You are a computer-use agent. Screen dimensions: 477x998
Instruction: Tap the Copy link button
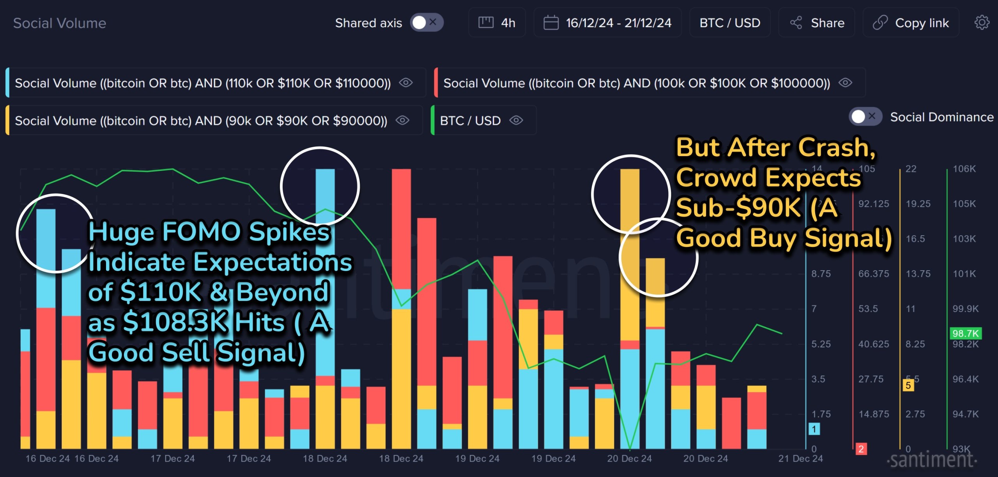[x=911, y=23]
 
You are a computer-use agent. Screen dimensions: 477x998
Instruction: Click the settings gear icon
[x=982, y=23]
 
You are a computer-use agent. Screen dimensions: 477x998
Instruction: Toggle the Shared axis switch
[x=426, y=23]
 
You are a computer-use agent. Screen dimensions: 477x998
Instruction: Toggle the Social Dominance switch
[x=865, y=116]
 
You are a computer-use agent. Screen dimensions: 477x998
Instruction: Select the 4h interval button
[x=497, y=23]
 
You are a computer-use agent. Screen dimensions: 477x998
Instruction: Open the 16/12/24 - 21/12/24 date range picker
[x=607, y=23]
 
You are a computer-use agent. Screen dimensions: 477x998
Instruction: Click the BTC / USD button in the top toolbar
[x=730, y=23]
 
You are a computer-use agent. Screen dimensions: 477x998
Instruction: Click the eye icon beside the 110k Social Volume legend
[x=406, y=83]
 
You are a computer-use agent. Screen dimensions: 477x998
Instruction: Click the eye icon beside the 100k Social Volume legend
[x=845, y=83]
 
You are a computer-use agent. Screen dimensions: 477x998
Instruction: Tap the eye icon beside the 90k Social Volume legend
[x=402, y=120]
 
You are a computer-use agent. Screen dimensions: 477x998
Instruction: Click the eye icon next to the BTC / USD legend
[x=516, y=120]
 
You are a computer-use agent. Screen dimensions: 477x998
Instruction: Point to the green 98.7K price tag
[x=965, y=333]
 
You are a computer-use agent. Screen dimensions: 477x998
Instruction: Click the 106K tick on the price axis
[x=964, y=169]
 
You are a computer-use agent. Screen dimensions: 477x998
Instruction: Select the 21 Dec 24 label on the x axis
[x=800, y=459]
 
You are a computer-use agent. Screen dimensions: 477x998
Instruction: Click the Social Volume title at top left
[x=60, y=23]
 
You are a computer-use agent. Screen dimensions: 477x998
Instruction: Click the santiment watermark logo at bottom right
[x=932, y=460]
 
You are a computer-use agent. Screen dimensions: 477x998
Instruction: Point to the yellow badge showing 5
[x=908, y=385]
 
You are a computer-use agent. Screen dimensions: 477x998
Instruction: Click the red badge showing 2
[x=861, y=449]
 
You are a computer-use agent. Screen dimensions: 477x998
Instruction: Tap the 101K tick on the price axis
[x=964, y=274]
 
